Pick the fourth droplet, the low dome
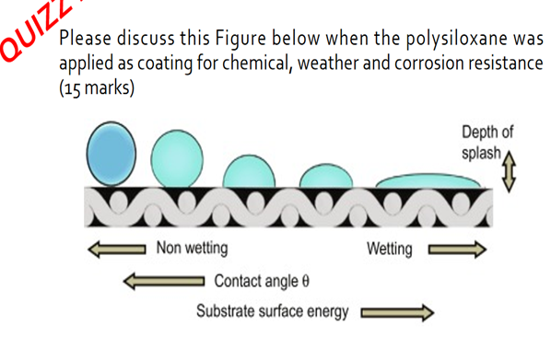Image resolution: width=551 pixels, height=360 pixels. [326, 176]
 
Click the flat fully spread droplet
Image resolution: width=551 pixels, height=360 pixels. [430, 182]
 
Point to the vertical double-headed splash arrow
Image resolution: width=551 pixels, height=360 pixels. [507, 173]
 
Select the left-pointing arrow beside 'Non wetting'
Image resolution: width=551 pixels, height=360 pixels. [115, 249]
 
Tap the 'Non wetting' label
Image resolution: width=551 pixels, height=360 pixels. [192, 249]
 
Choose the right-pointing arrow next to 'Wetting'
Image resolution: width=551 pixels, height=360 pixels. [456, 250]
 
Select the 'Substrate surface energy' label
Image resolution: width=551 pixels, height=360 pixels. [272, 311]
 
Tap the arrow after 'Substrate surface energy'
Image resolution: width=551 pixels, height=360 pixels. [395, 312]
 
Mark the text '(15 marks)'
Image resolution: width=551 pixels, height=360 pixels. [96, 90]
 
